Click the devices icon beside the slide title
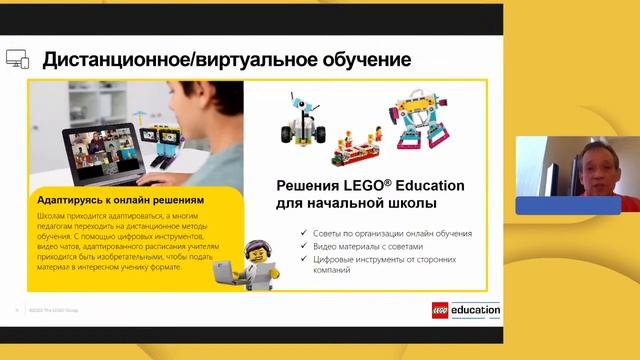tap(18, 59)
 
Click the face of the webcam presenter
tap(586, 164)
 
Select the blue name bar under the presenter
tap(567, 205)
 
